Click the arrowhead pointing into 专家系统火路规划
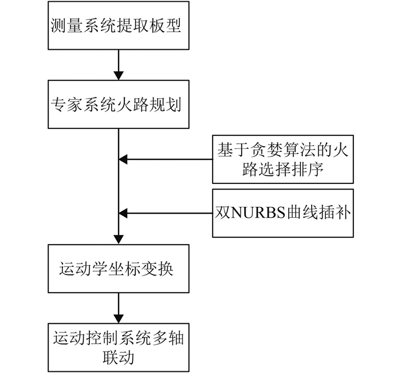(x=119, y=76)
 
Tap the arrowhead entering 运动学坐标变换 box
(x=119, y=239)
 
